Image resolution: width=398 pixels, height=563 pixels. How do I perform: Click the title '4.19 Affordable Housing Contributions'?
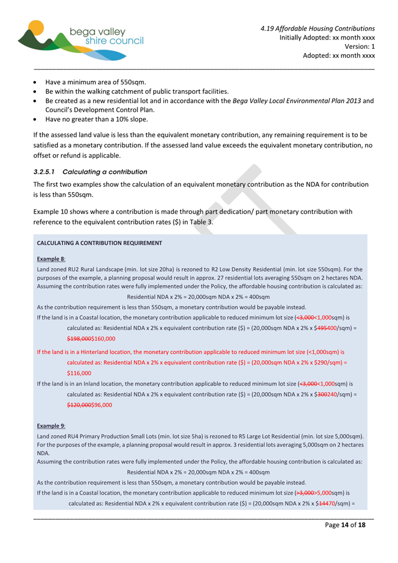coord(318,28)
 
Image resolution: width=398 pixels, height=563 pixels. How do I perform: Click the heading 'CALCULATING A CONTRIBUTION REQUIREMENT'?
coord(99,243)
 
